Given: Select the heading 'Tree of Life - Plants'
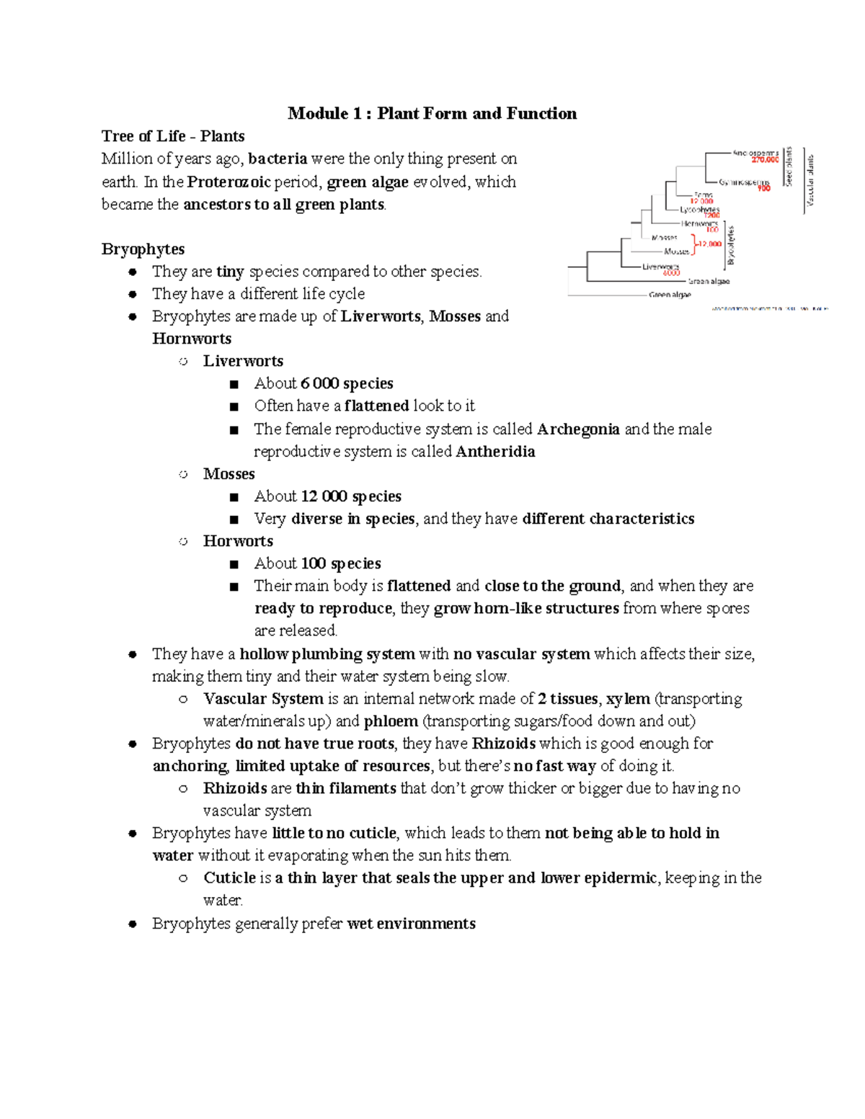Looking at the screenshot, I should (x=173, y=136).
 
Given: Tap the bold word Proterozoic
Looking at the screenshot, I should (x=229, y=182).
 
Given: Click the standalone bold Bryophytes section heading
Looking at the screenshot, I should (x=143, y=249).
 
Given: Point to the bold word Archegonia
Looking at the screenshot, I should (x=578, y=429).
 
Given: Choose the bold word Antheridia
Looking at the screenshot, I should (x=495, y=452).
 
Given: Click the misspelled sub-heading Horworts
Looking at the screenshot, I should (x=238, y=541).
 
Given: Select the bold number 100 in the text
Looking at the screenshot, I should (x=314, y=563).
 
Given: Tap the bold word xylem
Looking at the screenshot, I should (x=628, y=699).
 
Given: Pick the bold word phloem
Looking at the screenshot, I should (x=391, y=721).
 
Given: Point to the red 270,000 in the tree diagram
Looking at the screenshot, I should (x=766, y=160).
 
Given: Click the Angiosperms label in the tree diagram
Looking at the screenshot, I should (x=755, y=153).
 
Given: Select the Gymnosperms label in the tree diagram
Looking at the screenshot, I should (x=744, y=182).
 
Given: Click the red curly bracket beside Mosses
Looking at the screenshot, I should (x=694, y=244).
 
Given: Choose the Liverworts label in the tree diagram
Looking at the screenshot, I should (x=661, y=267).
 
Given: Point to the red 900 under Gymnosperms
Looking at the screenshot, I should (x=763, y=188).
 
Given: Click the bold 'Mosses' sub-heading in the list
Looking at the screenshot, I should (x=229, y=474).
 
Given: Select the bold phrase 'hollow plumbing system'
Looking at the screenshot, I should (x=327, y=654).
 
